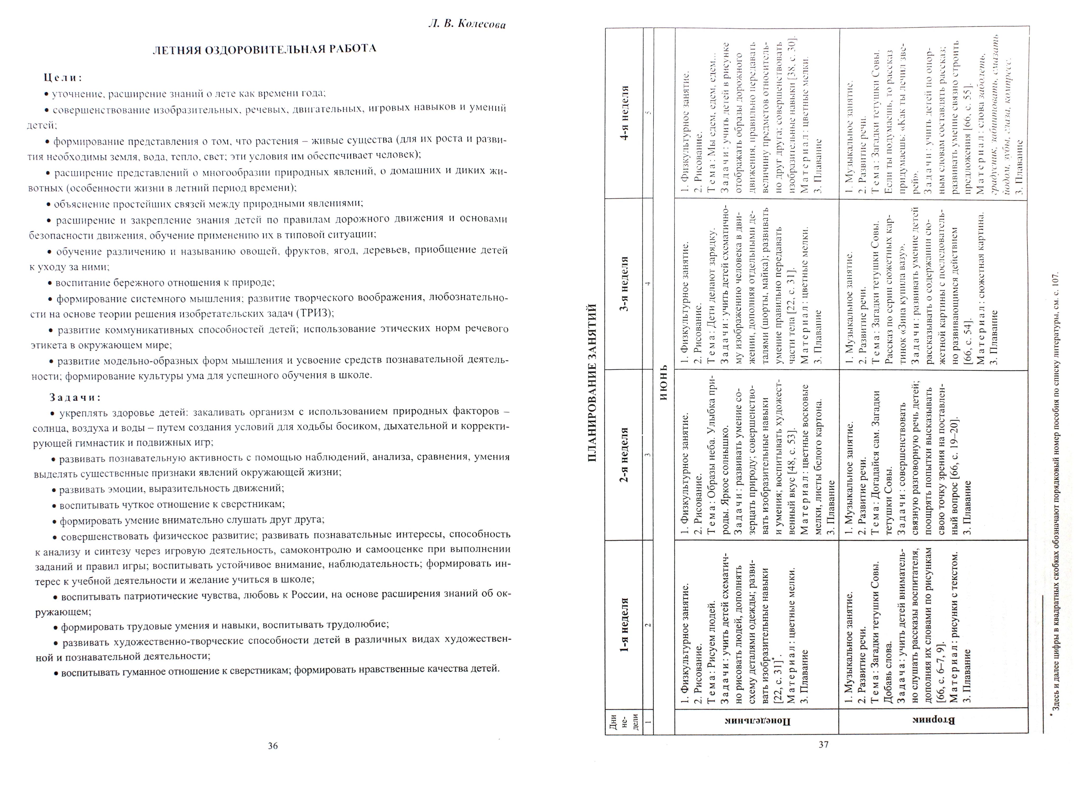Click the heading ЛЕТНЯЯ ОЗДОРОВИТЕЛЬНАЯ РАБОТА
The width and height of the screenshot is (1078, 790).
coord(264,49)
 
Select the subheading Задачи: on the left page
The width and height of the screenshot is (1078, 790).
coord(75,397)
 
